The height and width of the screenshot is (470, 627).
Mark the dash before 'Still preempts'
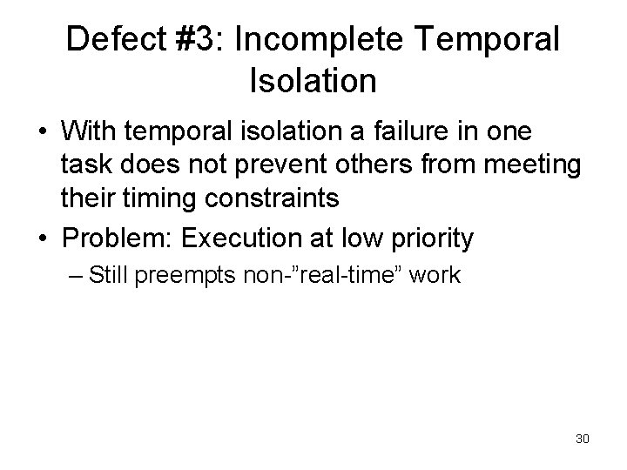(x=75, y=276)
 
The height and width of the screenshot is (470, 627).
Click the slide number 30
(x=582, y=438)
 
